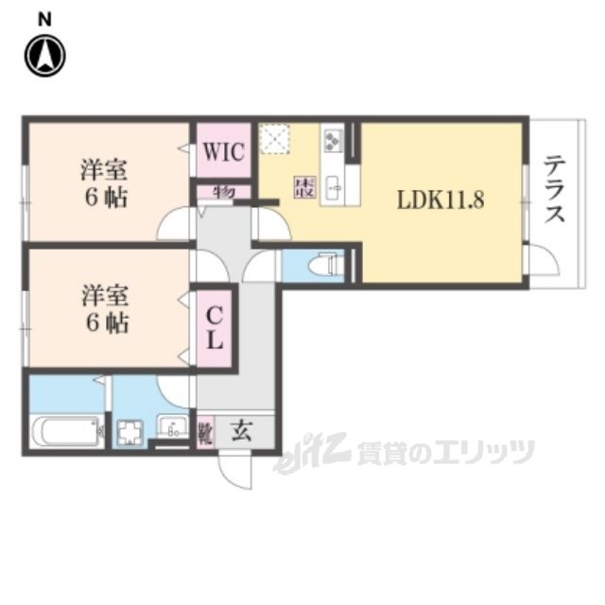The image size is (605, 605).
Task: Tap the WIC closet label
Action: pos(223,151)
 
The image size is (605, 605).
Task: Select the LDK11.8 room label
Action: pos(441,201)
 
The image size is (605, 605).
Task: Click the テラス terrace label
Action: pos(554,189)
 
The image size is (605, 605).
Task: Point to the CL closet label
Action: pos(215,327)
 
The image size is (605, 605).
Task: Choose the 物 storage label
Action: pos(223,192)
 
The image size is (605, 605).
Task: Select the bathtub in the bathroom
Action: pos(67,433)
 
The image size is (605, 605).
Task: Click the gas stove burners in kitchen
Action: pos(333,142)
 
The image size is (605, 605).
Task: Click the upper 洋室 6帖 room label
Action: pos(105,184)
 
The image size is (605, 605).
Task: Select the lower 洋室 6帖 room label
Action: pos(105,308)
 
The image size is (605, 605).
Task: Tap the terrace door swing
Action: pos(544,260)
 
